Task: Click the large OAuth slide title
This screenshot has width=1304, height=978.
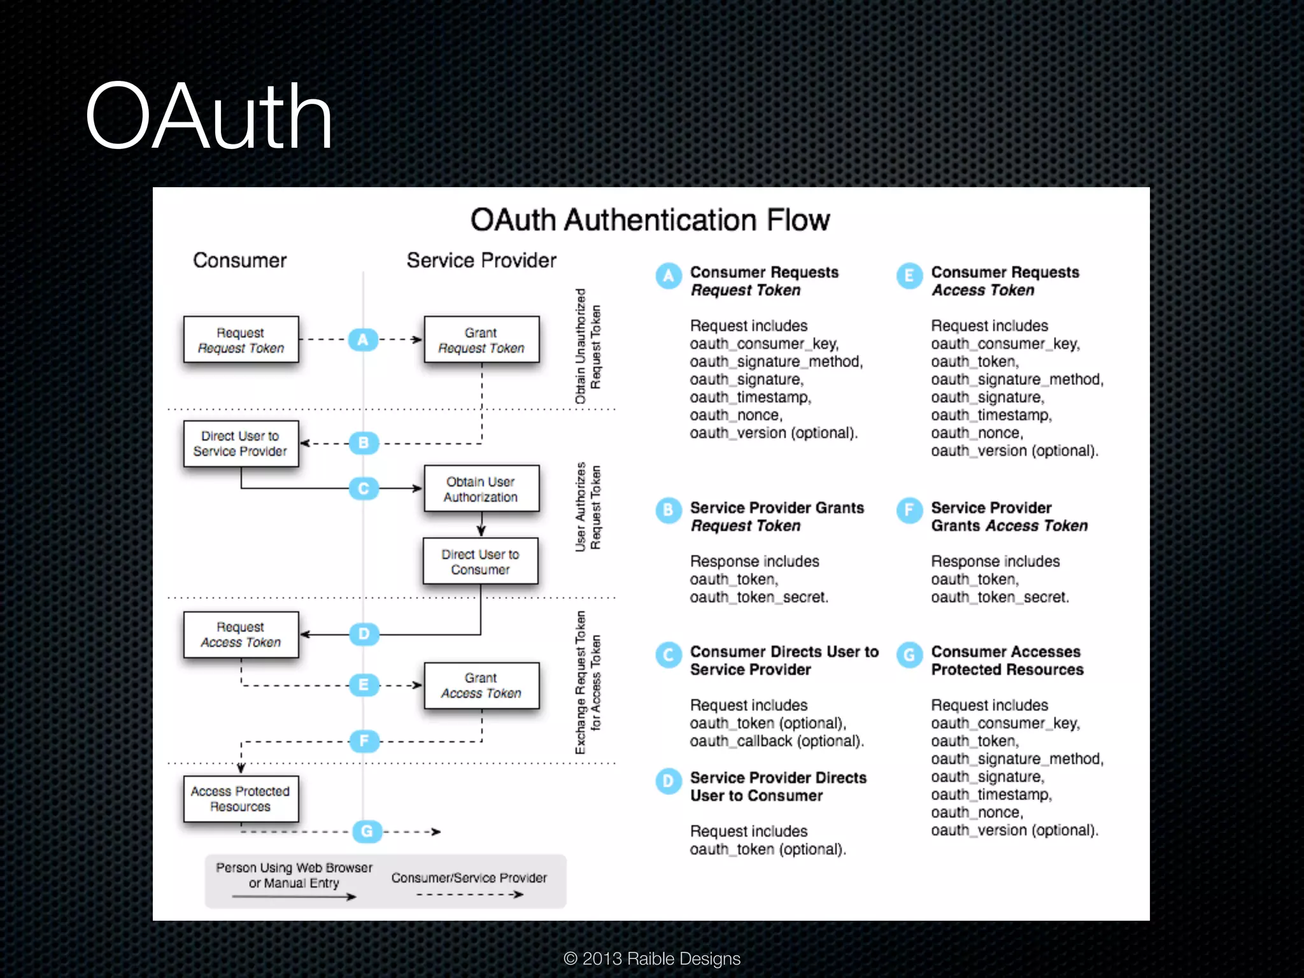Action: [209, 117]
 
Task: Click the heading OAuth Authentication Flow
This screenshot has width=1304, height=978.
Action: [649, 220]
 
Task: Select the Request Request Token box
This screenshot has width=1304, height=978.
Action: [241, 340]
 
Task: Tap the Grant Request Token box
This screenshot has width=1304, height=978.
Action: [481, 340]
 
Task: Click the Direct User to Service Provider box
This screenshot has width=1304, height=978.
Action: [241, 444]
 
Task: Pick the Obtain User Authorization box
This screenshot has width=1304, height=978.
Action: [481, 489]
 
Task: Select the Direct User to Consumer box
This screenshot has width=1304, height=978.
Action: [480, 562]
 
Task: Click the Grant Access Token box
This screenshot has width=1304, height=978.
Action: [481, 686]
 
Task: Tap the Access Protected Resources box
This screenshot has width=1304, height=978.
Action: [241, 798]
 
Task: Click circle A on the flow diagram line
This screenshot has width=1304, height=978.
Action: [363, 340]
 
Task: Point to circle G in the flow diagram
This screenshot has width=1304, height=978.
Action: [367, 831]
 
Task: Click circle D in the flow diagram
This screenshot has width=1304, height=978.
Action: [364, 634]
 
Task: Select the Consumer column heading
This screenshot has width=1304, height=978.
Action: [239, 260]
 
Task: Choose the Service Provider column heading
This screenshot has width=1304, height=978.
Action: [481, 260]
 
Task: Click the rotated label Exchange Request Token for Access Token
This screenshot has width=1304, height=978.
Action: [588, 683]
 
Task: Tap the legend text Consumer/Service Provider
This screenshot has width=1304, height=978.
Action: [469, 878]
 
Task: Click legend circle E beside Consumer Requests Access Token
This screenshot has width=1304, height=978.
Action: [909, 276]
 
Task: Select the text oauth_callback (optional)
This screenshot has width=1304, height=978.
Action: [777, 741]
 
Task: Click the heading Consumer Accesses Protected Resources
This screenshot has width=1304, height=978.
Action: [1007, 661]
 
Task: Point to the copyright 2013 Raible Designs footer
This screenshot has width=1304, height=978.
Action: [652, 958]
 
